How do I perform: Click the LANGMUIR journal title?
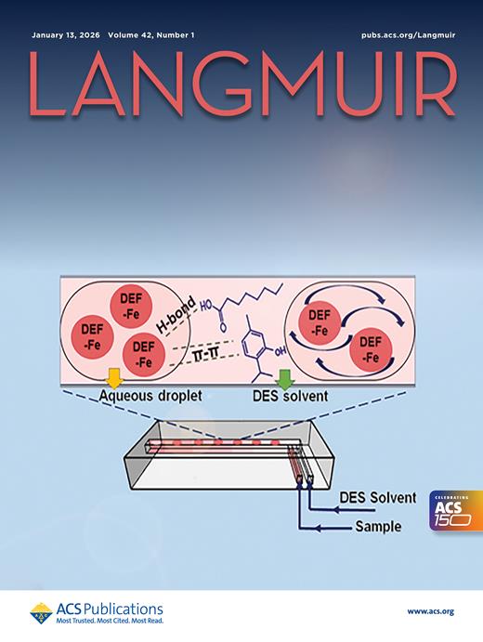(242, 84)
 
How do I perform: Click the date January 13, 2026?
(66, 35)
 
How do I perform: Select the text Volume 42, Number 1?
(151, 35)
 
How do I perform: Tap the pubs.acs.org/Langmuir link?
(408, 35)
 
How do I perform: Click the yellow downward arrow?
(114, 377)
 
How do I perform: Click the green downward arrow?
(284, 378)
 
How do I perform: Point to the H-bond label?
(176, 315)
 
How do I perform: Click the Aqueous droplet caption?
(150, 396)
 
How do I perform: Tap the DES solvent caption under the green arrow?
(290, 396)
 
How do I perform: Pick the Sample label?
(378, 526)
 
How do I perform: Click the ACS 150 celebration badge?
(456, 511)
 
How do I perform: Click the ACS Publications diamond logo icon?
(42, 613)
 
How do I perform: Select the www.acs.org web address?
(431, 611)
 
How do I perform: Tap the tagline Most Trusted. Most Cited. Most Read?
(110, 621)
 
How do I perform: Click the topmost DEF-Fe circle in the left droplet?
(131, 307)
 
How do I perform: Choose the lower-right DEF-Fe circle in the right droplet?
(371, 349)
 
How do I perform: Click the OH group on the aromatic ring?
(280, 350)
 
